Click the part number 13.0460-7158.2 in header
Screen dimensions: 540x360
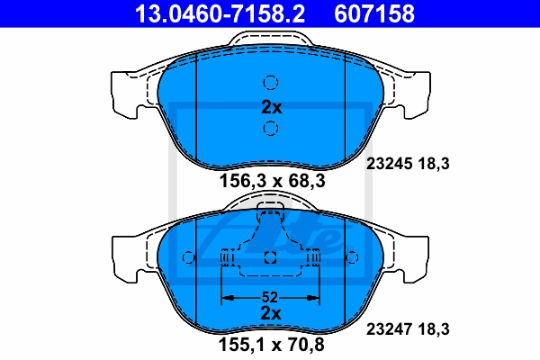(x=220, y=13)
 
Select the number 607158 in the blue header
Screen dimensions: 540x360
(x=374, y=13)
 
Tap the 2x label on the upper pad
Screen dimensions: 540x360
(x=272, y=107)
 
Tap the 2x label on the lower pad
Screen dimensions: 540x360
(x=271, y=313)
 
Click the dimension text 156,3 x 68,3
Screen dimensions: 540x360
(x=272, y=181)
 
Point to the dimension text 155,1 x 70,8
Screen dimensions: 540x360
(x=272, y=345)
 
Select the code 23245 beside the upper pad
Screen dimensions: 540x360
(x=389, y=164)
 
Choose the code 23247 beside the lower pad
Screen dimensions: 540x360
(x=389, y=329)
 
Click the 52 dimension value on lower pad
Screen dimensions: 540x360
(x=270, y=297)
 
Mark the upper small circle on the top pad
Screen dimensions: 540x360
(x=271, y=83)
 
